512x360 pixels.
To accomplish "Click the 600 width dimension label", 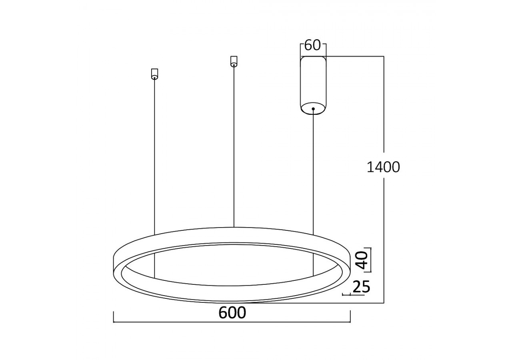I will click(232, 312).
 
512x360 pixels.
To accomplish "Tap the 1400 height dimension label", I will click(383, 167).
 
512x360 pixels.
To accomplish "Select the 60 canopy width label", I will click(312, 45).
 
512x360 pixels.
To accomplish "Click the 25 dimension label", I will click(361, 286).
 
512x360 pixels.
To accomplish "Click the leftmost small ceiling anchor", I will click(154, 74).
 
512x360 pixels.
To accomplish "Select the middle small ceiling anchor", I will click(234, 61).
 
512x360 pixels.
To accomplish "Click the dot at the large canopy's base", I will click(313, 108).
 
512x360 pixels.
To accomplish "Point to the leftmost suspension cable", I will click(154, 156).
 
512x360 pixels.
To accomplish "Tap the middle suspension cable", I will click(234, 144).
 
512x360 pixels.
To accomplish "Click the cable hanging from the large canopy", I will click(313, 172).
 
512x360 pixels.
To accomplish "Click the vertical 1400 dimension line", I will click(384, 224).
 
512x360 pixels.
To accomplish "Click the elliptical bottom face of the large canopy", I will click(313, 108).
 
